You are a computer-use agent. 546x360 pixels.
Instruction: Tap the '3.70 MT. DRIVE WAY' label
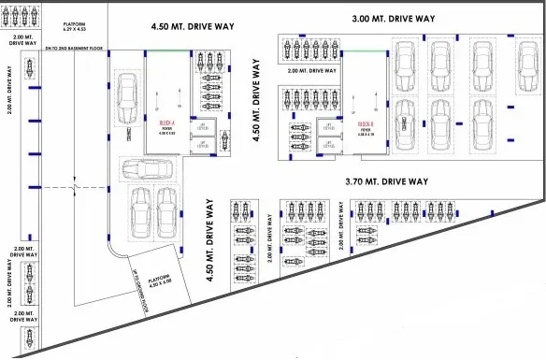[x=386, y=181]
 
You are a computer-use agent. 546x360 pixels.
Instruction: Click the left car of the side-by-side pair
[x=140, y=212]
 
